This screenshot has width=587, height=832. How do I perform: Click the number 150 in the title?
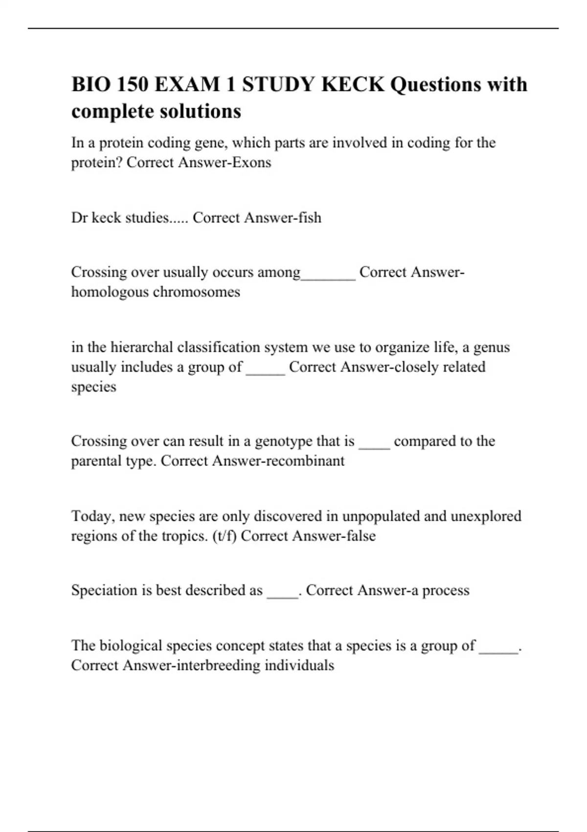tap(132, 85)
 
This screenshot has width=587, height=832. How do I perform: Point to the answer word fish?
tap(310, 218)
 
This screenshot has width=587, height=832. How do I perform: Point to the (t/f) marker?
tap(225, 536)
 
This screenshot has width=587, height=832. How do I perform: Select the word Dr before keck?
tap(79, 218)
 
